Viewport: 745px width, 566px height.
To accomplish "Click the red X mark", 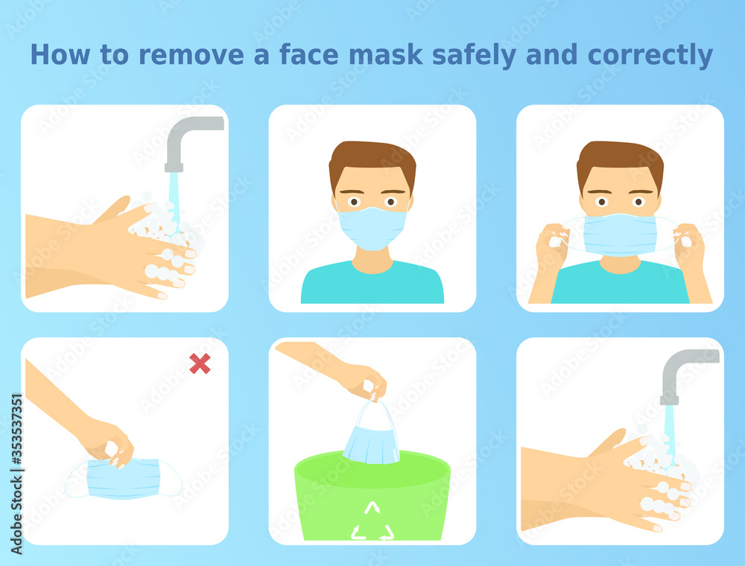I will pos(200,363).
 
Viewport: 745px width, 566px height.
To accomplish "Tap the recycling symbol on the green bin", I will pos(372,521).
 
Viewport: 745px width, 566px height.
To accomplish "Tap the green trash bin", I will pos(372,495).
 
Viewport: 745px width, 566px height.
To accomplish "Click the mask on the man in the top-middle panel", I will pos(372,227).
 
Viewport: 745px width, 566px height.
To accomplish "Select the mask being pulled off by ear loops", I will pos(620,235).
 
